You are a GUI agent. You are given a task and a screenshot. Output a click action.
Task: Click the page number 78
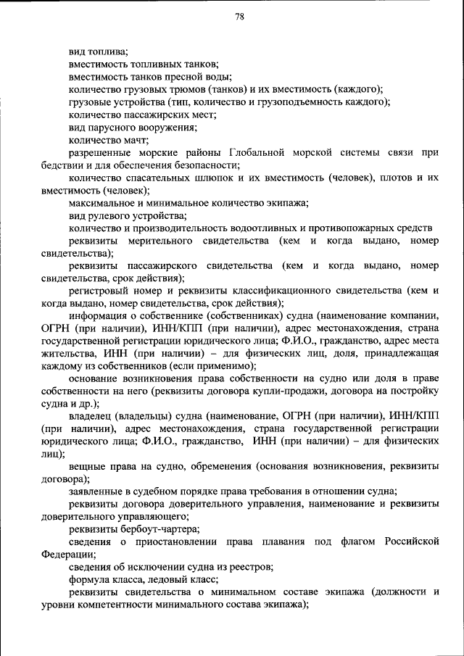(x=239, y=17)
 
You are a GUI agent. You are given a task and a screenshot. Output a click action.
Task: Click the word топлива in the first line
(x=109, y=51)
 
